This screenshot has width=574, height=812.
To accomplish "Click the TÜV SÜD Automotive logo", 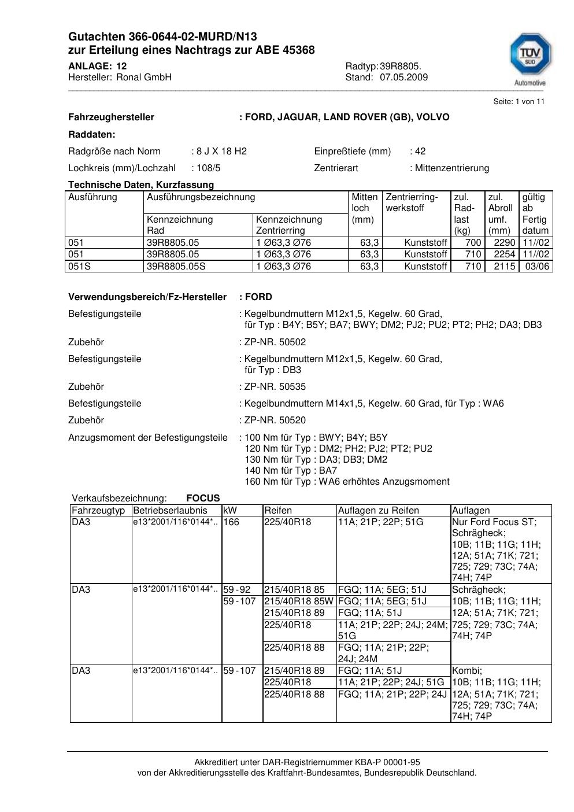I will click(x=529, y=58).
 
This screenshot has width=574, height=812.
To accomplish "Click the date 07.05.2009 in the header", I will click(x=403, y=77).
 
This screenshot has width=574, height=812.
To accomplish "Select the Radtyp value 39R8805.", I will click(x=401, y=66).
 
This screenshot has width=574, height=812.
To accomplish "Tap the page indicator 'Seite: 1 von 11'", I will click(x=519, y=101).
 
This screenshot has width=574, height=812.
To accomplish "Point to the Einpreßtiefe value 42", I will click(x=420, y=151).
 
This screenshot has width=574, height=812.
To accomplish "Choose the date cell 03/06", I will click(x=537, y=266).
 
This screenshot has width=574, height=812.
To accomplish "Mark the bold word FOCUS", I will click(x=203, y=498).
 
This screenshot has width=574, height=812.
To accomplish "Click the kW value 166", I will click(x=231, y=522).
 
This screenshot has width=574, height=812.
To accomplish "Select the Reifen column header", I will click(x=278, y=510).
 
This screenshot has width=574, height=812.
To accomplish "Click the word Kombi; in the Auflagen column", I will click(x=466, y=670).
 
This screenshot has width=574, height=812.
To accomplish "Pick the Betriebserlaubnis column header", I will click(x=170, y=510).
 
